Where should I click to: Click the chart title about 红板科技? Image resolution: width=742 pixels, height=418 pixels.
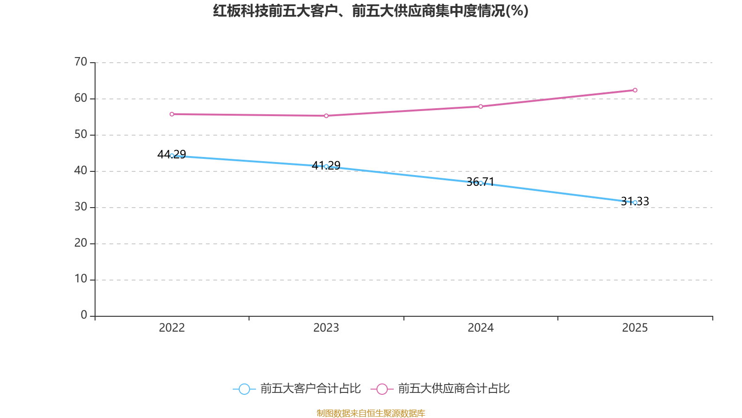(x=371, y=11)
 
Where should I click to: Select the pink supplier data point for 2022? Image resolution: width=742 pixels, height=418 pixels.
(x=172, y=114)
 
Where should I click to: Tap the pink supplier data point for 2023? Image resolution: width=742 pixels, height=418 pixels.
(x=326, y=116)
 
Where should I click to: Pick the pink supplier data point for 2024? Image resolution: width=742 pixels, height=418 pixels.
(x=480, y=106)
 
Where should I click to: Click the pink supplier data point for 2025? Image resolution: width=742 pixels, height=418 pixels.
(x=635, y=90)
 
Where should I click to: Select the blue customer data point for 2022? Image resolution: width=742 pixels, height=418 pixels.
(x=172, y=156)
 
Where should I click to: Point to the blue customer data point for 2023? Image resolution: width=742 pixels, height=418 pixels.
(x=326, y=166)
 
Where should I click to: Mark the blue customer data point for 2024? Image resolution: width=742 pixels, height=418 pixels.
(x=480, y=183)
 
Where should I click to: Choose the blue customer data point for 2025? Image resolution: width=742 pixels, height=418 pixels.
(x=635, y=202)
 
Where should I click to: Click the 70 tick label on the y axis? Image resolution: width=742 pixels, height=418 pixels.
(x=81, y=62)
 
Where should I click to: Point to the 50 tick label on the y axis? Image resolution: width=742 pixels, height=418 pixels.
(x=81, y=135)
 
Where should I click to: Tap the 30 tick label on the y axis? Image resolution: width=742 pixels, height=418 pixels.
(x=81, y=207)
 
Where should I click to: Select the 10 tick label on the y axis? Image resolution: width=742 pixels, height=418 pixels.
(x=81, y=279)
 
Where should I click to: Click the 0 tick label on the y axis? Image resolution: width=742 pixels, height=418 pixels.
(x=84, y=315)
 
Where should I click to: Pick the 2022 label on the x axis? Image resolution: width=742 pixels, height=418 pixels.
(x=172, y=328)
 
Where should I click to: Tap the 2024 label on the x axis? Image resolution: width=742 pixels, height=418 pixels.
(x=480, y=328)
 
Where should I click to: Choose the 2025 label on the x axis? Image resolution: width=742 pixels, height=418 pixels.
(x=635, y=328)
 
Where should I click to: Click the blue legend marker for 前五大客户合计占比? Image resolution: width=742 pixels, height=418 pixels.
(x=244, y=389)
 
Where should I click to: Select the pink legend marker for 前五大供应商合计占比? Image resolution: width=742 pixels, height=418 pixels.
(x=382, y=389)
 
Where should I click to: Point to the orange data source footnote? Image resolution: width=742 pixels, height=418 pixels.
(x=371, y=413)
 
